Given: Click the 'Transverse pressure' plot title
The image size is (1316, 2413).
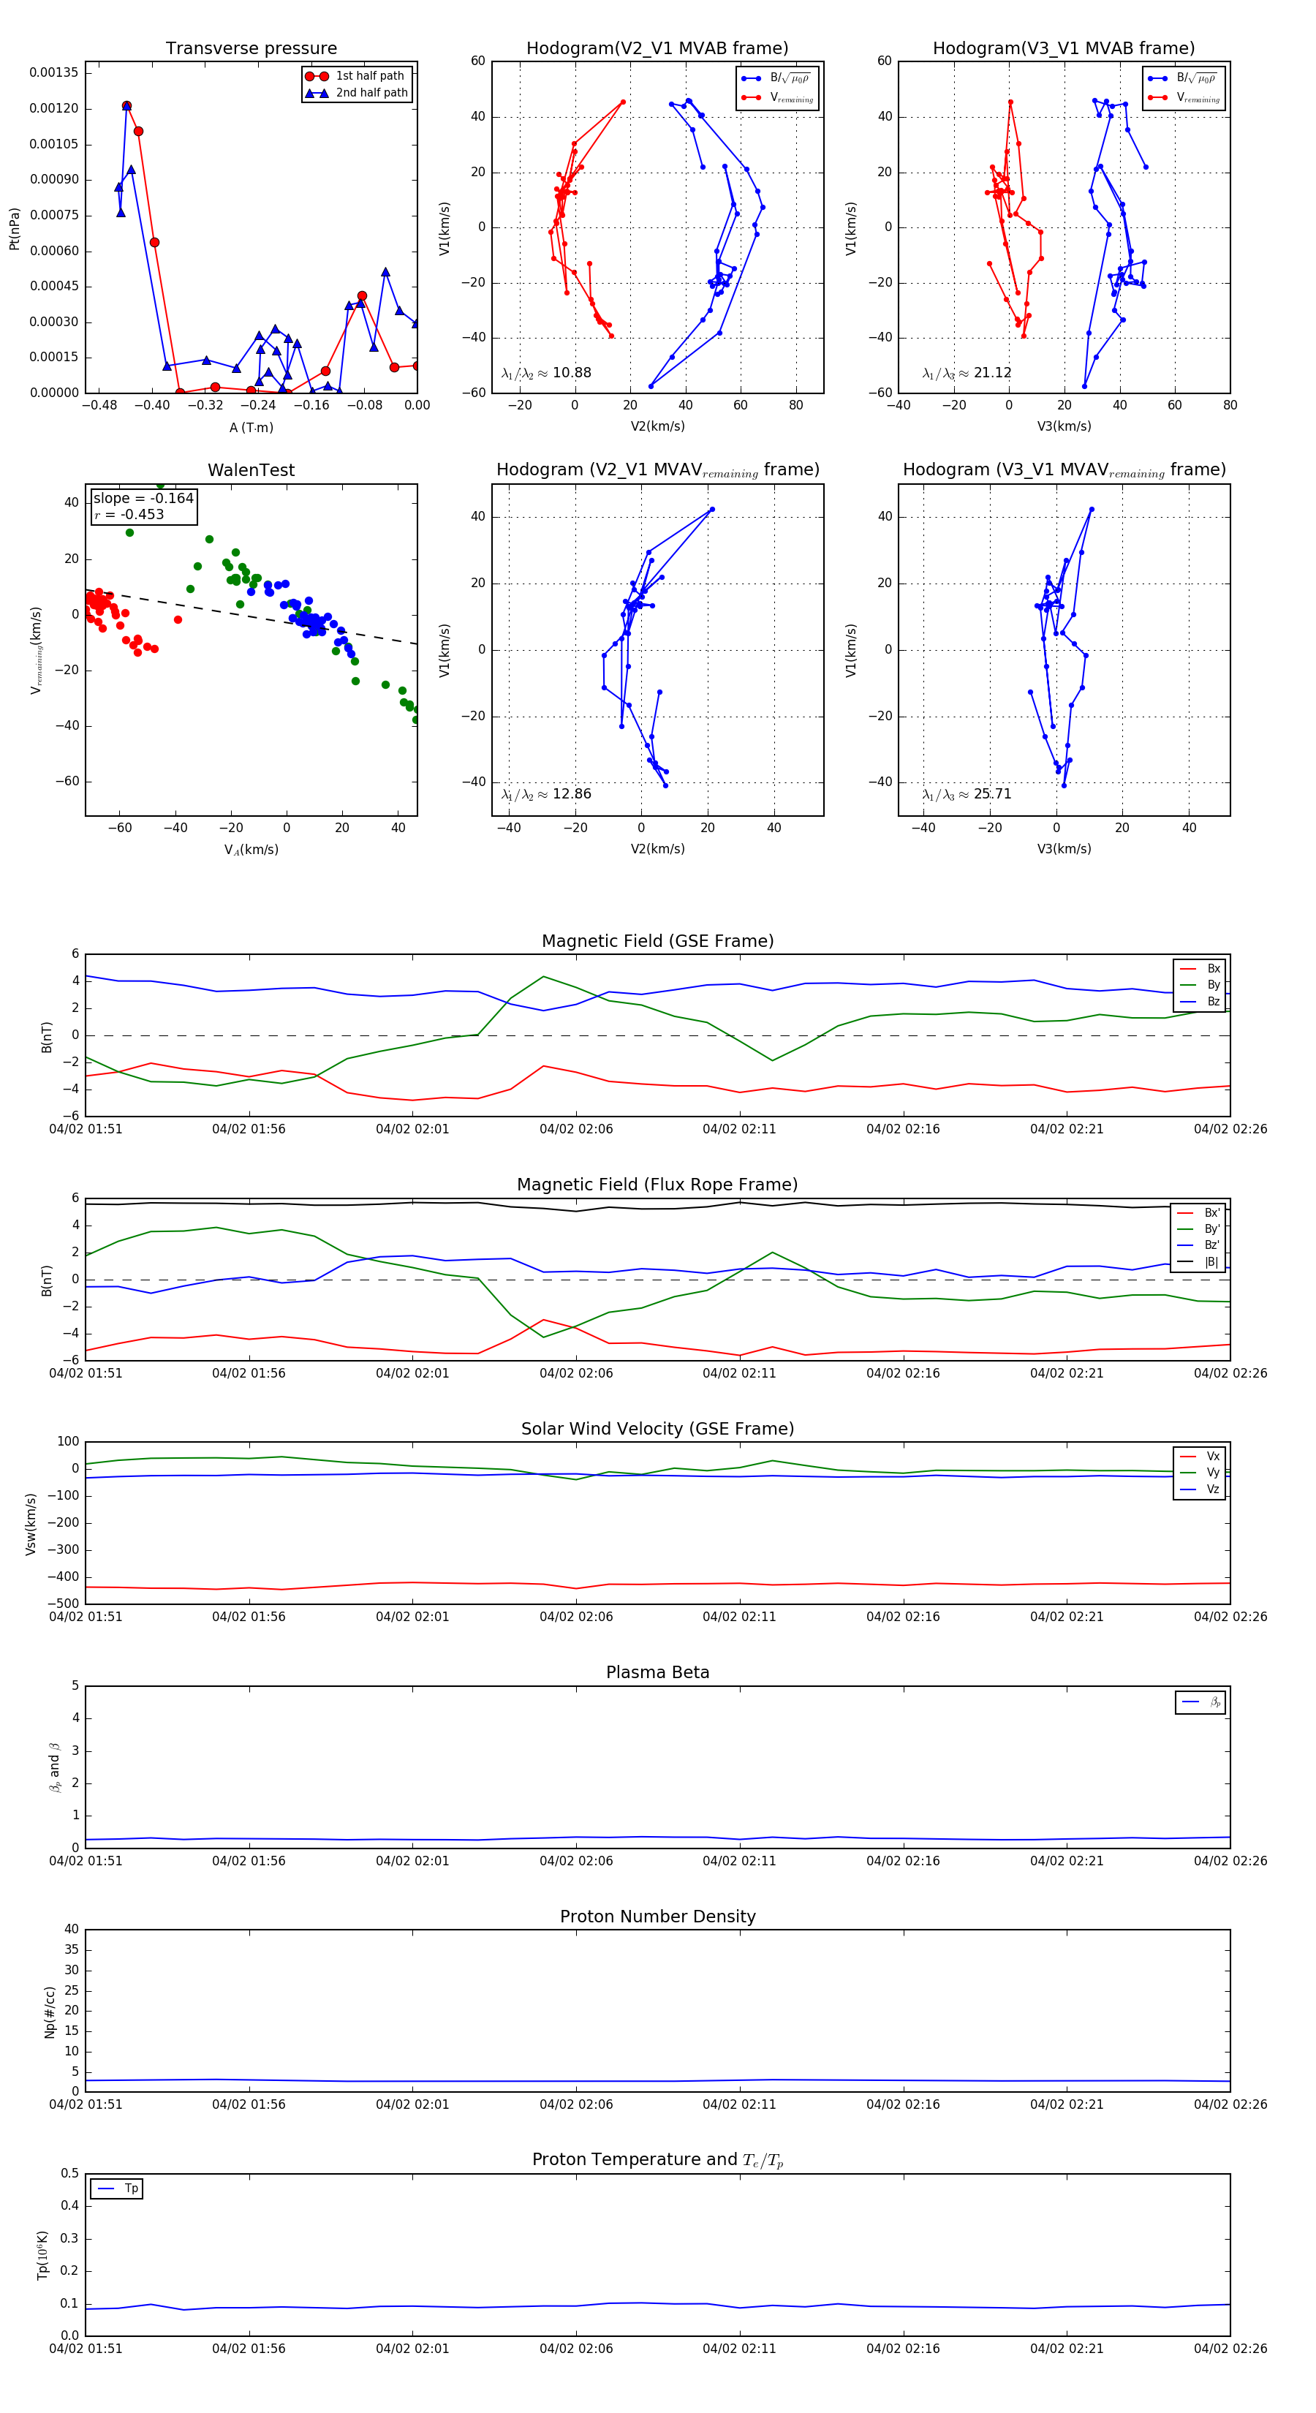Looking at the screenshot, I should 251,49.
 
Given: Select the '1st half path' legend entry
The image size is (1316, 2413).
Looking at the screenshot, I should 369,76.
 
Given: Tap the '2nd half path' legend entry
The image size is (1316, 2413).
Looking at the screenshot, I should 371,93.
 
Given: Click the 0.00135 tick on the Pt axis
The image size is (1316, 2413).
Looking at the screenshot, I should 53,73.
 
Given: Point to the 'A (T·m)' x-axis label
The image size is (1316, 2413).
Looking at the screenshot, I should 251,427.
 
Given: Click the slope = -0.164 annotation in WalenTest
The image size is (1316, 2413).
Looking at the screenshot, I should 143,499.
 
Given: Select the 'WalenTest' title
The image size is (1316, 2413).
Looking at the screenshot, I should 251,470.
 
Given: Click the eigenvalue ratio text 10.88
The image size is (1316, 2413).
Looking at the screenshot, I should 571,373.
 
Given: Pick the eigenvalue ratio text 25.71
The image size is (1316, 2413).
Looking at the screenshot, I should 992,794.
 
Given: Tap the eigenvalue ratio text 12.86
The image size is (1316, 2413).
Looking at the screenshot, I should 571,794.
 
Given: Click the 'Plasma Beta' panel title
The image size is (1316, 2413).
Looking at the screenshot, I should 657,1672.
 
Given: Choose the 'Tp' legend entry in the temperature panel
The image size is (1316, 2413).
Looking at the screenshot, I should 131,2189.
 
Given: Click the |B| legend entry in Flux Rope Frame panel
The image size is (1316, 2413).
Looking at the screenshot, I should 1211,1262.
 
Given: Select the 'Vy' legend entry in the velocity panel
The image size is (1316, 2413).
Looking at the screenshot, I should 1212,1473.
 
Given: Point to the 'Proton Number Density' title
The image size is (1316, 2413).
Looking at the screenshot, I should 657,1917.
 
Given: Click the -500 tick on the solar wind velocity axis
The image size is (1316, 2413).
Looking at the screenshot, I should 66,1604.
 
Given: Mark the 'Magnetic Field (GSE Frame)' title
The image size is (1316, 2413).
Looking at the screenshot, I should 657,941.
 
